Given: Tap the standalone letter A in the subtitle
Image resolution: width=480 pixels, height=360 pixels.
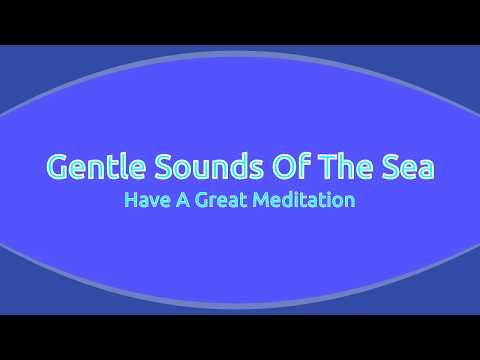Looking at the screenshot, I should pyautogui.click(x=182, y=200).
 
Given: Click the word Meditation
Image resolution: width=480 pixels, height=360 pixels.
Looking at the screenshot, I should pyautogui.click(x=306, y=200).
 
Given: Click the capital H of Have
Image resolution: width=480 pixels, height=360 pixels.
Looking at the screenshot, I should pyautogui.click(x=130, y=200).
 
